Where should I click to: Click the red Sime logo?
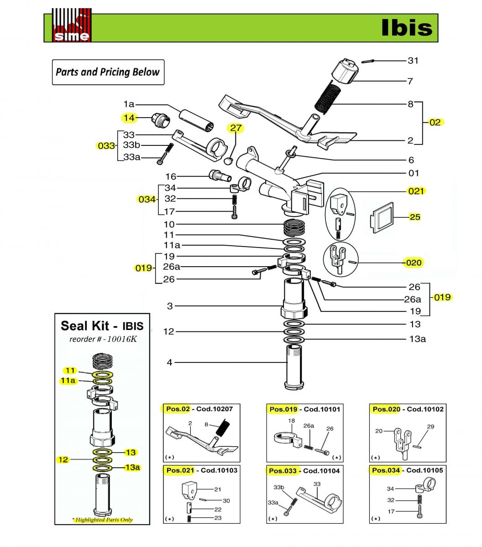click(71, 26)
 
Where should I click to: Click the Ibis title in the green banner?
click(406, 27)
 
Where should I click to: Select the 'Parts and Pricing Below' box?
click(108, 72)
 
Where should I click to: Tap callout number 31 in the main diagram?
click(413, 61)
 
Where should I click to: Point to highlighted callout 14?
click(129, 118)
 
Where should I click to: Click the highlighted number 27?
click(236, 128)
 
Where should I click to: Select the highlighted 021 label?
click(416, 191)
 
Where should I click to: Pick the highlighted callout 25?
click(414, 217)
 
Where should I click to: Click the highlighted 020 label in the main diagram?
click(414, 263)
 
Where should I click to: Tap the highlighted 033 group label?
click(106, 146)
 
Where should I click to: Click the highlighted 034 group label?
click(146, 199)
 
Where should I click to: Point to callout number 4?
click(170, 362)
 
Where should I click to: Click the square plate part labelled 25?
click(382, 217)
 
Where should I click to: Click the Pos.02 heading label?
click(178, 409)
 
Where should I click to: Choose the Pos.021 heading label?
click(180, 470)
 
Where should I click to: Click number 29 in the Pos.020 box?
click(430, 427)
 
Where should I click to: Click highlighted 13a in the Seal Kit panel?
click(132, 467)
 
